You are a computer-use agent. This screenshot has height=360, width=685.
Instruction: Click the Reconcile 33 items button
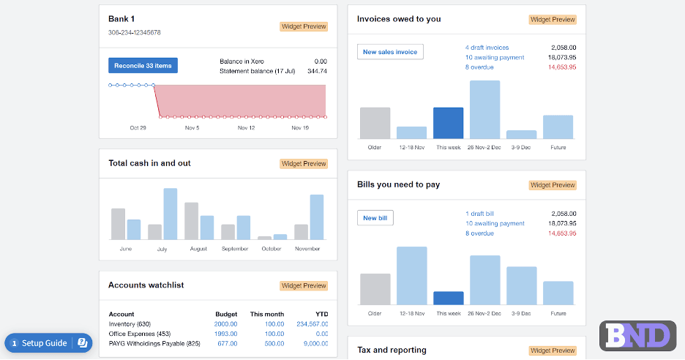tap(143, 66)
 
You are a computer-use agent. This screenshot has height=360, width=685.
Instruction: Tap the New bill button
tap(375, 218)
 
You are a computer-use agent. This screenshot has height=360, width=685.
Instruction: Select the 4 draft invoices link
tap(487, 47)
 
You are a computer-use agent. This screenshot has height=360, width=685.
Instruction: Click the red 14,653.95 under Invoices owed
tap(561, 67)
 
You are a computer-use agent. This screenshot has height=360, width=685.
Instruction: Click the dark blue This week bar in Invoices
tap(448, 123)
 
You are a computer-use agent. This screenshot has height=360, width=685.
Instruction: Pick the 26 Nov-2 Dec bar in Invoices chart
tap(484, 110)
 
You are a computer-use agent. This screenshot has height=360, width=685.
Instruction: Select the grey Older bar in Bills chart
tap(375, 289)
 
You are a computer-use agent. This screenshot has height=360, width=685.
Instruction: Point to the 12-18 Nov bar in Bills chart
tap(411, 276)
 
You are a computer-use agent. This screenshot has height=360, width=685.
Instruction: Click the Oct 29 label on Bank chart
tap(138, 128)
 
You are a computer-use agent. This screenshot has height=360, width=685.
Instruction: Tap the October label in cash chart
tap(272, 249)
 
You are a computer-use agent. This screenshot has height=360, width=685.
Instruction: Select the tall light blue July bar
tap(170, 214)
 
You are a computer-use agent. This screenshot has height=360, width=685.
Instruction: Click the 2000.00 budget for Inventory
tap(225, 324)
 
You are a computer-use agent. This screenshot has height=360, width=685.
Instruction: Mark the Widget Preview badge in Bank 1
tap(304, 27)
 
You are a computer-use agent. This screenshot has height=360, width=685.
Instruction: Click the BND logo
tap(637, 336)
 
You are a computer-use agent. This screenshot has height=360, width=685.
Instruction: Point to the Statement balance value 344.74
tap(317, 71)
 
